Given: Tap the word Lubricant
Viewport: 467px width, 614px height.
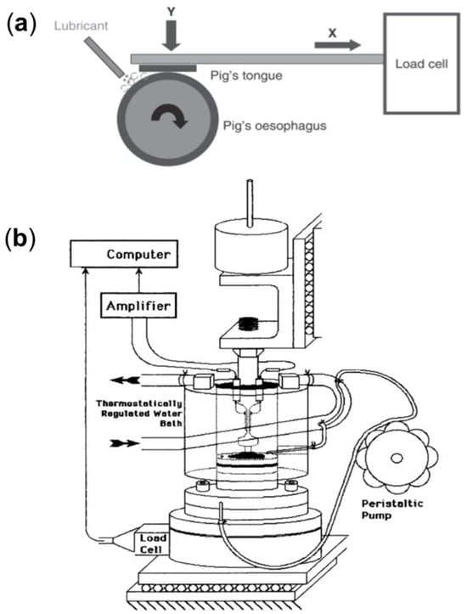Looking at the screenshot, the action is point(81,26).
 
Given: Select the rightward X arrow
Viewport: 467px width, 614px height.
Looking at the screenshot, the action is point(337,45).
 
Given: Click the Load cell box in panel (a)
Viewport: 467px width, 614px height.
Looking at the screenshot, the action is point(421,64).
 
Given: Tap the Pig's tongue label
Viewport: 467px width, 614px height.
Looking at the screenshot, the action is point(246,75).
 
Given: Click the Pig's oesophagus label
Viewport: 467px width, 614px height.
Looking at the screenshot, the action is point(275,126).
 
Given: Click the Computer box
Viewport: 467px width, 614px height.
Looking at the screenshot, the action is point(124,254).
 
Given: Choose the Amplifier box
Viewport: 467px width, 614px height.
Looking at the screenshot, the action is point(138,306).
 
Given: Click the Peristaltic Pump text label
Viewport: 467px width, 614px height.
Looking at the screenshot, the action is point(392,509).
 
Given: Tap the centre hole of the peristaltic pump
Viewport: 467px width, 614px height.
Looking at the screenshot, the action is point(397,458).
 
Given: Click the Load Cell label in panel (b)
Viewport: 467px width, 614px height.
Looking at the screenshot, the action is point(152,544).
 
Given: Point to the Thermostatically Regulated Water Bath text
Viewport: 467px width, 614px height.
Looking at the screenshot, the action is point(139,413).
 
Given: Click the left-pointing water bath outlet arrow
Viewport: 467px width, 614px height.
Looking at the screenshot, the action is point(125,380).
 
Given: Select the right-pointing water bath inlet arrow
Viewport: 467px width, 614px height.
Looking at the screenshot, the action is point(125,443).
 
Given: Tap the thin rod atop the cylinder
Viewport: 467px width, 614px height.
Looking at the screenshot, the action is point(250,203).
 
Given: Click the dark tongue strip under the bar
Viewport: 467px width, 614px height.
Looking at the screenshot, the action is point(167,69).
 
